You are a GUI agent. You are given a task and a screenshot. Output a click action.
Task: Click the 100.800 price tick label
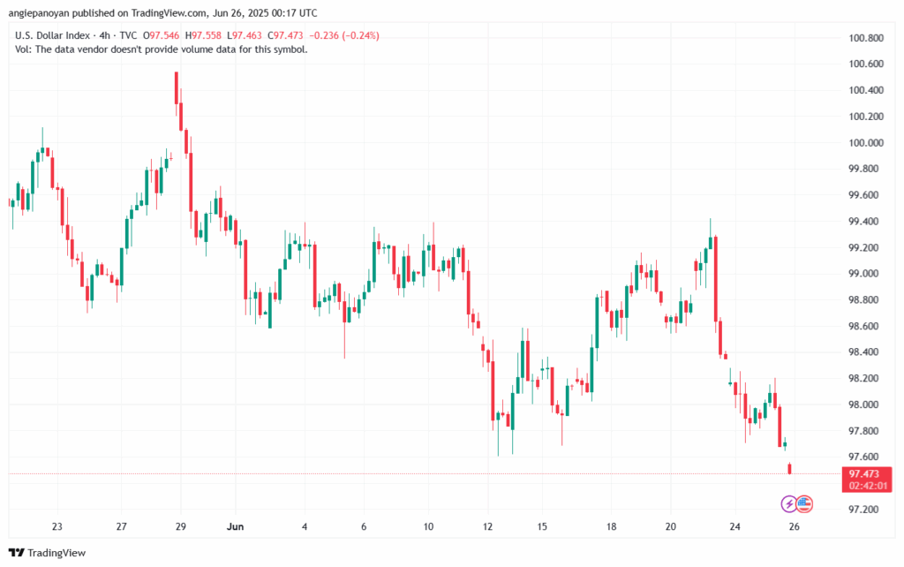pyautogui.click(x=864, y=39)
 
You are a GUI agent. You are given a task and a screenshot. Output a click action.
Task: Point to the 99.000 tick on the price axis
pyautogui.click(x=864, y=274)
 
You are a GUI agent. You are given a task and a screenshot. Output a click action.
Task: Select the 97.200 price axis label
pyautogui.click(x=864, y=510)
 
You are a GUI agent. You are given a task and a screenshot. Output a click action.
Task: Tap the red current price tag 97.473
pyautogui.click(x=864, y=473)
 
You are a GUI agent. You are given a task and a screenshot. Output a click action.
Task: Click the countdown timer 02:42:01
pyautogui.click(x=864, y=486)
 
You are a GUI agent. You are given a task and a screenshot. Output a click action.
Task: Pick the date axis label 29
pyautogui.click(x=180, y=527)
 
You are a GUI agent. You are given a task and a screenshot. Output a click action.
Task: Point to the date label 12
pyautogui.click(x=487, y=527)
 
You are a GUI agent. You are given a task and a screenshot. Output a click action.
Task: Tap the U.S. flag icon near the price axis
pyautogui.click(x=804, y=503)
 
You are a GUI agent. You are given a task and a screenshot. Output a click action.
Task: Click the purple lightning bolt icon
pyautogui.click(x=788, y=503)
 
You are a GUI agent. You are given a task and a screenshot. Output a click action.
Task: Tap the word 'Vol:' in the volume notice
pyautogui.click(x=25, y=49)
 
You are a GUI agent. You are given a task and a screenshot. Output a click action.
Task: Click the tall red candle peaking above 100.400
pyautogui.click(x=177, y=87)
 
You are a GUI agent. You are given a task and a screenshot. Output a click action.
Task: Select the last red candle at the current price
pyautogui.click(x=790, y=468)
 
